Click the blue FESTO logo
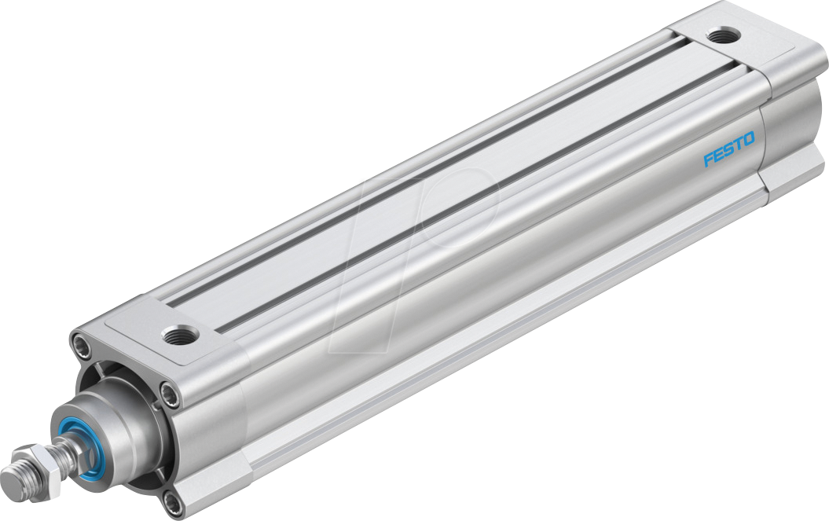pos(728,149)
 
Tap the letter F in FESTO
pos(707,160)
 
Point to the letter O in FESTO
pos(749,139)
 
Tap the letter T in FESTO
pos(739,144)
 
